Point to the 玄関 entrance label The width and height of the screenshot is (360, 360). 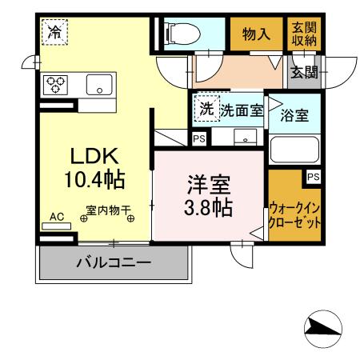point(303,73)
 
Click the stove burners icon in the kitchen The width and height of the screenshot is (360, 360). point(55,84)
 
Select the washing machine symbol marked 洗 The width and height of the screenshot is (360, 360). point(206,109)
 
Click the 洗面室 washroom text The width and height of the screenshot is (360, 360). point(242,110)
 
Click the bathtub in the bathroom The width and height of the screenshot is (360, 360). point(295,149)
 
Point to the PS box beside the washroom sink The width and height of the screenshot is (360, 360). point(198,138)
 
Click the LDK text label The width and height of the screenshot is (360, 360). point(94,154)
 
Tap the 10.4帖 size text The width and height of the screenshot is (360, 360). point(94,179)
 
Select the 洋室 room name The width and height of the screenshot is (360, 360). point(209,186)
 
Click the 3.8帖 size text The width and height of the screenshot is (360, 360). point(209,209)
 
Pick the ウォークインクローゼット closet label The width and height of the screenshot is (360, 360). point(295,214)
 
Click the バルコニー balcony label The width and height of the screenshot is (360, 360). point(114,262)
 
